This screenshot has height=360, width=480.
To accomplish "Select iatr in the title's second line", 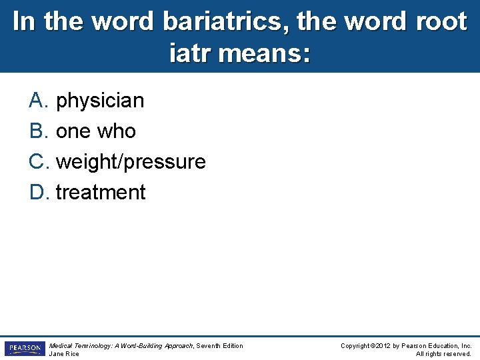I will pos(193,53).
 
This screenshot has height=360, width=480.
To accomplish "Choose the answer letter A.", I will pos(37,101).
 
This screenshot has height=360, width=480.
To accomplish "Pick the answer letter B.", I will pos(37,131).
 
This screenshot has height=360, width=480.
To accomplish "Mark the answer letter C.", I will pos(37,162).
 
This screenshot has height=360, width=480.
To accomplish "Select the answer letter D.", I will pos(37,193).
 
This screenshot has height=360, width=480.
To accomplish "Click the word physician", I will pos(100,101).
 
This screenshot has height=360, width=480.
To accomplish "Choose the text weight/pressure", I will pos(131,162).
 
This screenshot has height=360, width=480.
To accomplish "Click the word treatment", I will pos(101,193).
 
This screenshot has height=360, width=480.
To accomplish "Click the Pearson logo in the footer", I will pos(24,349).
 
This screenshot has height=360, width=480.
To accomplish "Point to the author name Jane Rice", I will pos(64,354).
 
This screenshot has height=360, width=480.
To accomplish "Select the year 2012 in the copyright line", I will pos(386,345).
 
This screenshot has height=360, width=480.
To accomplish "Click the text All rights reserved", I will pos(443,354).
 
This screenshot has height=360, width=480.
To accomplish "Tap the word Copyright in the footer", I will pos(356,345).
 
